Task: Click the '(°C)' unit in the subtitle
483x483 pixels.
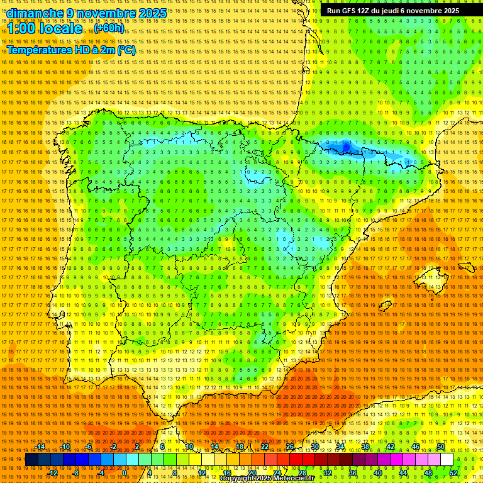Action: tap(126, 50)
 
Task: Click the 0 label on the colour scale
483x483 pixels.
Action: tap(125, 473)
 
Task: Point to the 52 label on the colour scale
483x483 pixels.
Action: tap(453, 473)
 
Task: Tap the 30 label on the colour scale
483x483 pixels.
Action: tap(314, 447)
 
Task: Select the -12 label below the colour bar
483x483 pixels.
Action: tap(53, 473)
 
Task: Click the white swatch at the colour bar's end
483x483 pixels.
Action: tap(447, 460)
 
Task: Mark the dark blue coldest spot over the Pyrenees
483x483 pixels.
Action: tap(345, 147)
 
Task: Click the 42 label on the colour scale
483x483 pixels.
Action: tap(390, 447)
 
